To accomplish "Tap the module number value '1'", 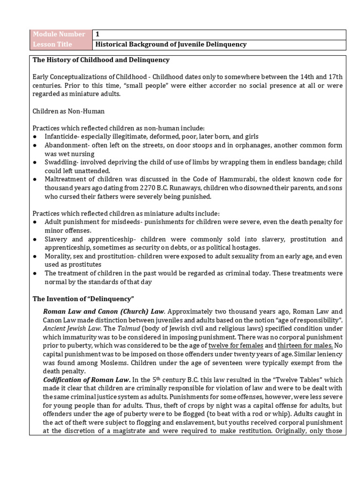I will (97, 34).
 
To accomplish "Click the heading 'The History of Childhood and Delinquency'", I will (101, 60).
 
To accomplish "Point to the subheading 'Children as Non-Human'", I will (68, 111).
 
